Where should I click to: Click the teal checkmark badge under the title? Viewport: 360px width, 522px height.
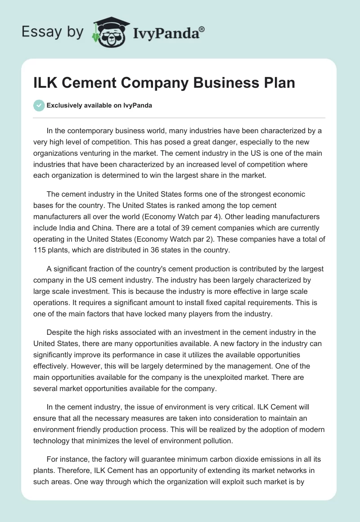click(39, 105)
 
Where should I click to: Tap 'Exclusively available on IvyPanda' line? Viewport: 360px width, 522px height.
click(99, 106)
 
